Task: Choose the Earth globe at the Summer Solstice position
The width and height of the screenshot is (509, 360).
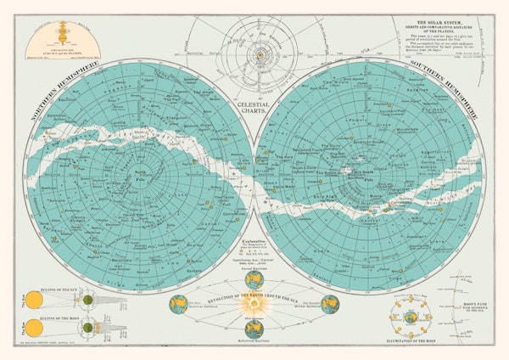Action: pos(180,303)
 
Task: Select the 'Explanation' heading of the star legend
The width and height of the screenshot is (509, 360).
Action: pos(255,243)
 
